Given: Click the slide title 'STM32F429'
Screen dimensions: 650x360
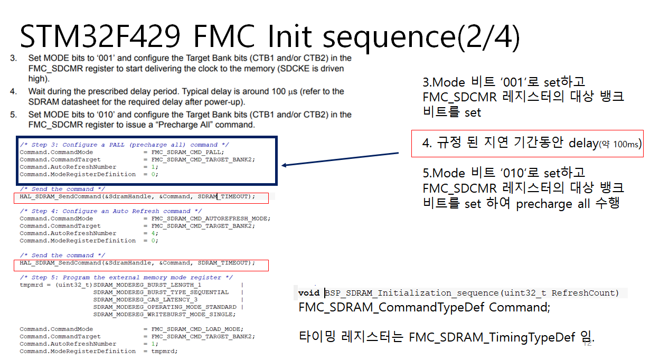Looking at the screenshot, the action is pyautogui.click(x=100, y=36).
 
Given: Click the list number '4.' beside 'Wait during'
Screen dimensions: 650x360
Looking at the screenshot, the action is pyautogui.click(x=13, y=91).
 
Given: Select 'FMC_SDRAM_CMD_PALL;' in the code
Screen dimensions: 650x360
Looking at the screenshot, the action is pyautogui.click(x=187, y=152).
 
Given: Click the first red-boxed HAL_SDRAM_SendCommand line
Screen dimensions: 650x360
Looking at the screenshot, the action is pyautogui.click(x=137, y=197).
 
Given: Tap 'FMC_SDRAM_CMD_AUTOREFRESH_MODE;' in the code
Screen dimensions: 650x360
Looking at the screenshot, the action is pyautogui.click(x=211, y=219).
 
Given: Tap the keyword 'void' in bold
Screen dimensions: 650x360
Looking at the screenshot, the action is pyautogui.click(x=309, y=293).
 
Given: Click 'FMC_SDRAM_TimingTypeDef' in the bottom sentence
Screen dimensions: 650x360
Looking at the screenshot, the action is pyautogui.click(x=492, y=337).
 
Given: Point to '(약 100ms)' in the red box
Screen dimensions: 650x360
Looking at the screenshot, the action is pyautogui.click(x=620, y=144).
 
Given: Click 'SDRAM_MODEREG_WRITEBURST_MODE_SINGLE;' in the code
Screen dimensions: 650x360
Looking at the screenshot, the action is pyautogui.click(x=164, y=315).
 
